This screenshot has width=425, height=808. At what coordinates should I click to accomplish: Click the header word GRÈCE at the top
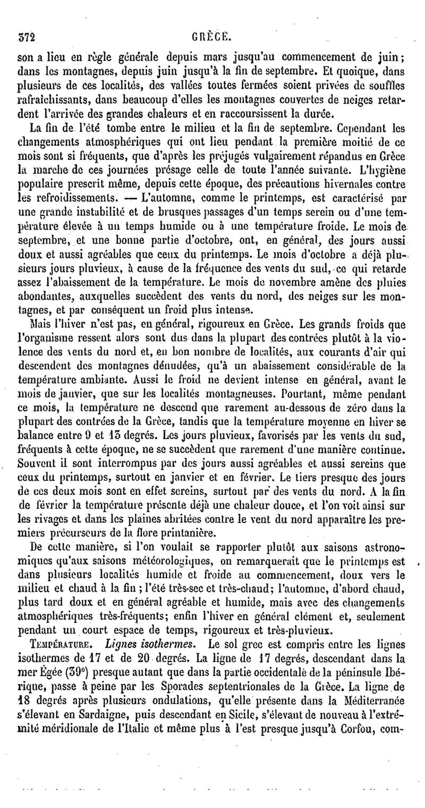pos(211,38)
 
